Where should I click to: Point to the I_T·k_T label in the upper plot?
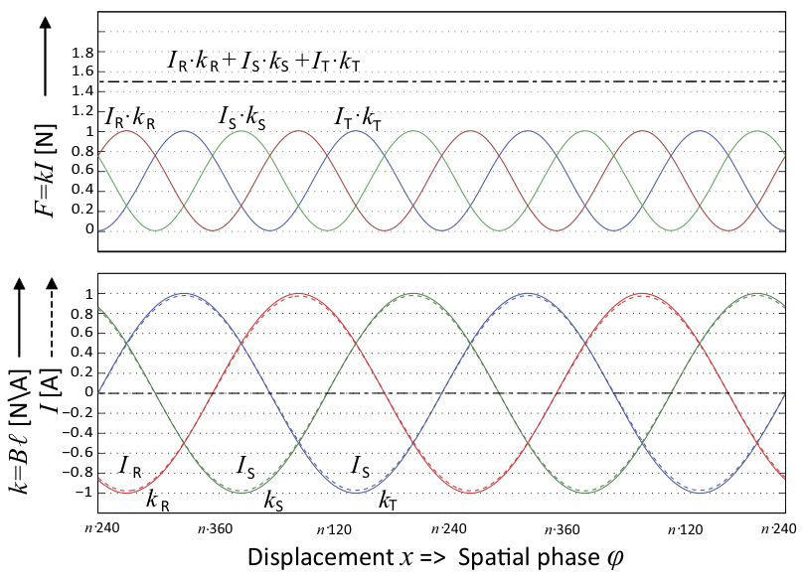[358, 119]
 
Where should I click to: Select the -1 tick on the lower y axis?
[86, 492]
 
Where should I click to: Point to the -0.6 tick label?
[82, 452]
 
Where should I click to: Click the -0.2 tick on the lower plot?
[82, 412]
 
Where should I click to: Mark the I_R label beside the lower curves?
[130, 466]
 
